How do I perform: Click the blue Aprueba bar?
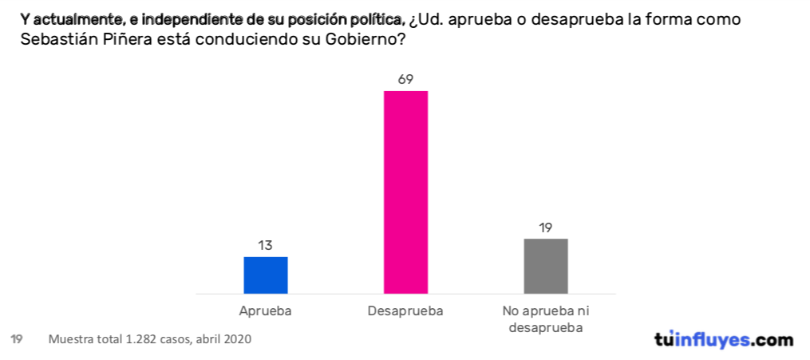coord(265,275)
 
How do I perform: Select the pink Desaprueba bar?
coord(405,192)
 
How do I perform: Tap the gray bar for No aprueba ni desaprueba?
coord(546,266)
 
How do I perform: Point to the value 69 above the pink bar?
coord(405,79)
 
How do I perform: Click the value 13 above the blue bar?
coord(265,245)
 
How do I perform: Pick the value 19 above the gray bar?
coord(546,227)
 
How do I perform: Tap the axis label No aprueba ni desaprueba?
coord(546,318)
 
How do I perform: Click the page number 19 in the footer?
coord(15,339)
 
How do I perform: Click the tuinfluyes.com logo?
coord(724,339)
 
